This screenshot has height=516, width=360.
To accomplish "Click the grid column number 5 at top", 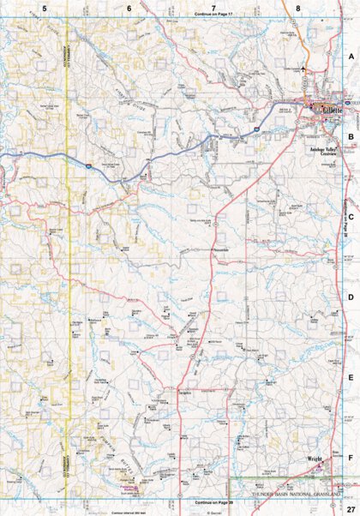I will click(x=44, y=8).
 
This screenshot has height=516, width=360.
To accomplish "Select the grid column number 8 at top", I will click(x=298, y=8).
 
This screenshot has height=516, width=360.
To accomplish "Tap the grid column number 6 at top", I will click(x=129, y=8).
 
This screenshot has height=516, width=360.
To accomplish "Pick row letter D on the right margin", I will click(x=350, y=297).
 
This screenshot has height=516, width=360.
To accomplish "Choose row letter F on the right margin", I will click(x=350, y=458).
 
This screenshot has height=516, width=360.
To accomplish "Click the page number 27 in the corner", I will click(x=350, y=509).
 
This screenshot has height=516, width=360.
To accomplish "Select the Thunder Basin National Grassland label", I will click(x=300, y=495).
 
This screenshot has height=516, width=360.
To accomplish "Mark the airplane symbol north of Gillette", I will click(x=303, y=68).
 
